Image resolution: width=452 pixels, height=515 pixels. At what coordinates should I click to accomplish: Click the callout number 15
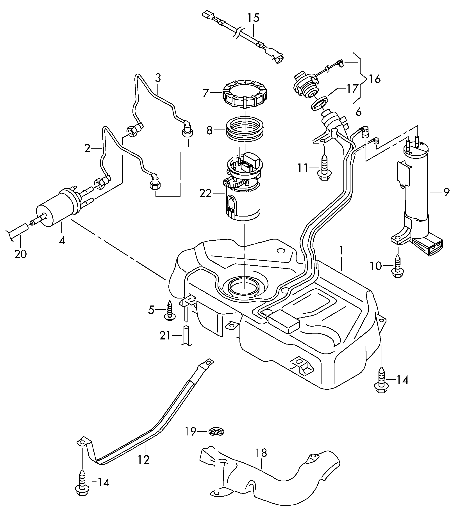[x=253, y=18]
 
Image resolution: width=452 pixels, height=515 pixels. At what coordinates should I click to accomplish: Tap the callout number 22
[x=205, y=194]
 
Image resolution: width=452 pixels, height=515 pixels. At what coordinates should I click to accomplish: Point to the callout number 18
[x=261, y=453]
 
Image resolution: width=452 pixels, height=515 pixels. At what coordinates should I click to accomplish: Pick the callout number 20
[x=20, y=254]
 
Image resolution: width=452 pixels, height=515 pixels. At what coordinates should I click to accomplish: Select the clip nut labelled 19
[x=216, y=432]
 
